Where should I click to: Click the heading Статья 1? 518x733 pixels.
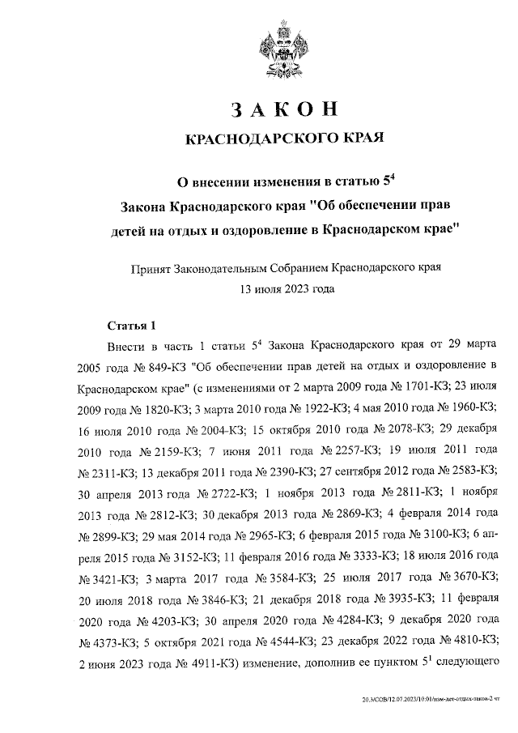pyautogui.click(x=131, y=326)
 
